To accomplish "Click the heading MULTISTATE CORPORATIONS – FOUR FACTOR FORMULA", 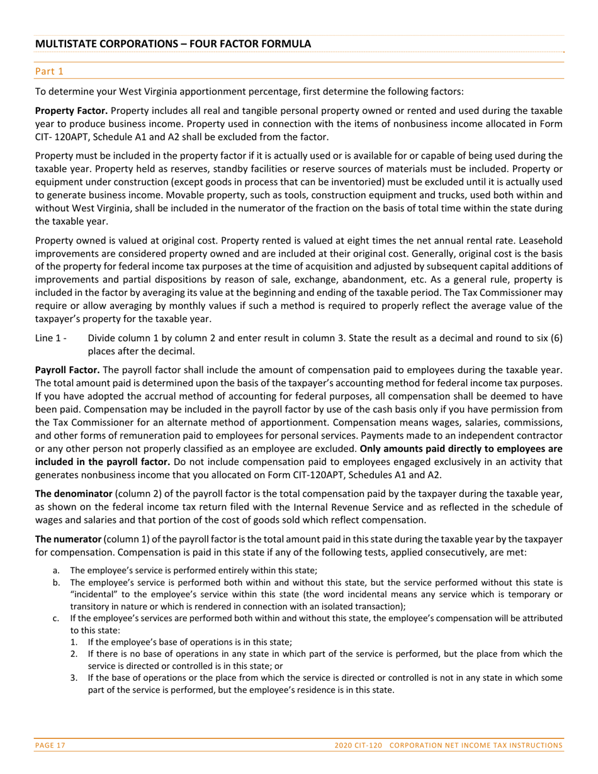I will pos(172,44).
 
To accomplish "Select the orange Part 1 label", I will pos(49,71).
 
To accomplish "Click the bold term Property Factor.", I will pos(71,110).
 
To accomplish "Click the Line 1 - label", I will pos(51,338).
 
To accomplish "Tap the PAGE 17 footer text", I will pos(50,745).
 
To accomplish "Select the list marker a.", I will pos(56,570).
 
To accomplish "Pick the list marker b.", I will pos(56,583).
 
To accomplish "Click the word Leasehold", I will pos(538,240).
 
